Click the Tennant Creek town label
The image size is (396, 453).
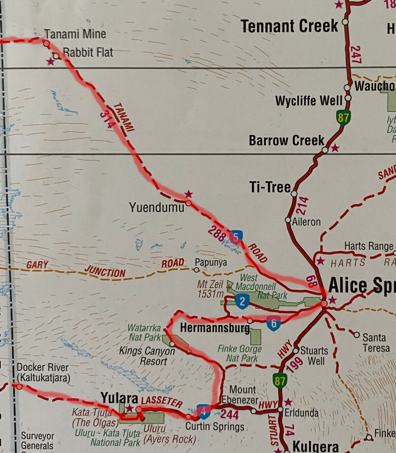289,26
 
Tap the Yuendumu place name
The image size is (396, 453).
156,208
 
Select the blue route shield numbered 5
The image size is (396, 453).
236,237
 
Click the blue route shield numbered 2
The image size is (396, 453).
242,301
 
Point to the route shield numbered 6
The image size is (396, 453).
274,323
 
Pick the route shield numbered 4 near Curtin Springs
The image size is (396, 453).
204,411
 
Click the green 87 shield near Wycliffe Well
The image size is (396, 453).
343,118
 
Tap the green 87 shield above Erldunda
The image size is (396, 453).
280,381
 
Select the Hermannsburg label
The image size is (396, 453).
215,328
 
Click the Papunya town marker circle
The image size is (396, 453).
197,270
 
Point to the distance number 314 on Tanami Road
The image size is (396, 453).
108,119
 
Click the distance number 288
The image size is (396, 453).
217,234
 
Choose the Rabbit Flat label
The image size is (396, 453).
88,52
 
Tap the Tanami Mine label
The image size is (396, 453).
75,34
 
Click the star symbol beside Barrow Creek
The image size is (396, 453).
335,148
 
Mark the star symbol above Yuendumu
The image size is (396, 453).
188,194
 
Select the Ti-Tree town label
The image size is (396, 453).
270,187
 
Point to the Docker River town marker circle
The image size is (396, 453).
19,386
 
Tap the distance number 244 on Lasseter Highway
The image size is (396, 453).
229,414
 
